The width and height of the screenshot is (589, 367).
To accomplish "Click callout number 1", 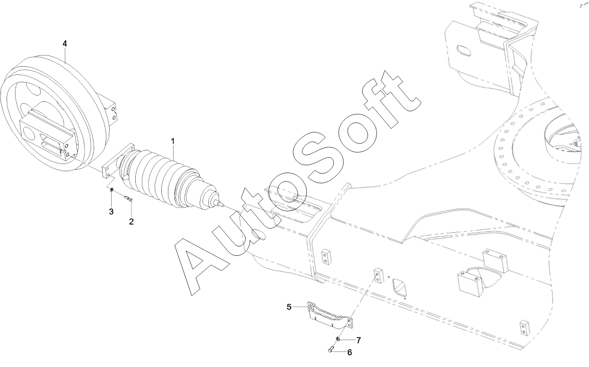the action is [x=173, y=141].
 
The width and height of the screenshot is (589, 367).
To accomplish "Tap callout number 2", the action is [x=132, y=221].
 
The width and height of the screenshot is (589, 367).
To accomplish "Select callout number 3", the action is [x=111, y=211].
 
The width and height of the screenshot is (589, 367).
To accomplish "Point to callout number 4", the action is [x=65, y=43].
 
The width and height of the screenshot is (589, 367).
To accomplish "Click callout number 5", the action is [x=289, y=306].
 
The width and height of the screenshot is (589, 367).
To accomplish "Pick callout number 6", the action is [x=350, y=352].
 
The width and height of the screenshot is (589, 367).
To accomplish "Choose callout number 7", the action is [x=358, y=340].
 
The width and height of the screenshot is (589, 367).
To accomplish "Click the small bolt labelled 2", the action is [x=128, y=199].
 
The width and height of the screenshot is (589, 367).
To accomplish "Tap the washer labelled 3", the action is [x=112, y=190].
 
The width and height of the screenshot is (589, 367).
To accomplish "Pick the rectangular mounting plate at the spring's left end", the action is [x=113, y=163].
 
